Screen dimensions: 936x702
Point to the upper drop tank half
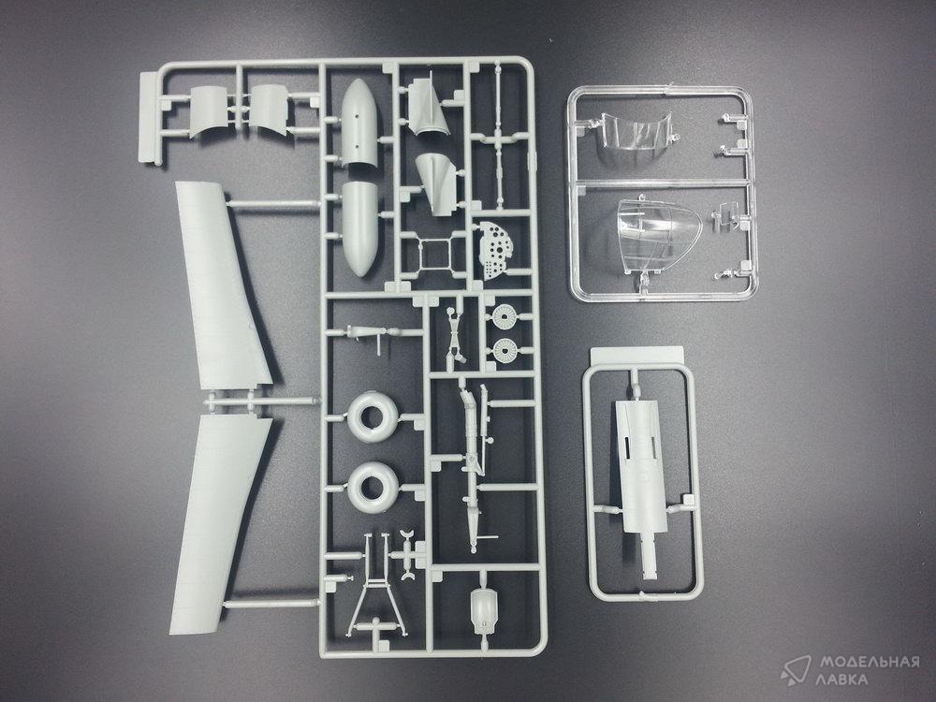(x=360, y=123)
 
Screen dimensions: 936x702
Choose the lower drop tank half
(x=360, y=228)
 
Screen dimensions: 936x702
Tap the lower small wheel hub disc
(x=505, y=350)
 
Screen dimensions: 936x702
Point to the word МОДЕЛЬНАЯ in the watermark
(x=870, y=662)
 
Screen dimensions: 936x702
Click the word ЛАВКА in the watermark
(x=841, y=680)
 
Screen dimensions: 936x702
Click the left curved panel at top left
(x=209, y=111)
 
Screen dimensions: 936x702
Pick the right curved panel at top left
(x=269, y=109)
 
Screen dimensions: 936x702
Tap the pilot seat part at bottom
(x=484, y=611)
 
